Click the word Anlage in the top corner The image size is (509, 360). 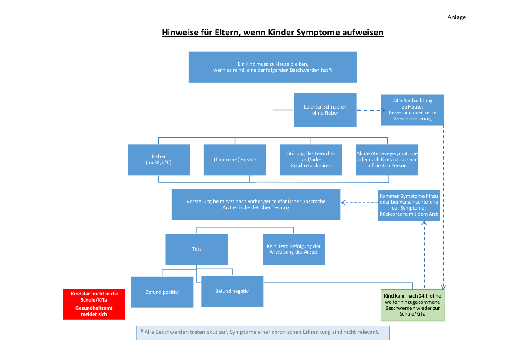click(456, 17)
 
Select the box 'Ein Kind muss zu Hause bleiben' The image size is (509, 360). click(273, 67)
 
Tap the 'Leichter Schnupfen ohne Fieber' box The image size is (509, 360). click(325, 110)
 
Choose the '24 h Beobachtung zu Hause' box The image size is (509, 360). click(412, 109)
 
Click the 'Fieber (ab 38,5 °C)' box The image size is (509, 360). click(158, 160)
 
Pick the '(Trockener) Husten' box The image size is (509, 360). click(235, 160)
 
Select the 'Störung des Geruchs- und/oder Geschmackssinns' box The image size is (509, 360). click(311, 160)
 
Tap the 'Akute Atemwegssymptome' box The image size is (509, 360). click(387, 160)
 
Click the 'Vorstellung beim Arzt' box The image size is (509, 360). click(256, 204)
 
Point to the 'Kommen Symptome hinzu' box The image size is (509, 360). click(408, 204)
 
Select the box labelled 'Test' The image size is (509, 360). click(196, 249)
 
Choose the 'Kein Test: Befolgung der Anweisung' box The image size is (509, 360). click(293, 249)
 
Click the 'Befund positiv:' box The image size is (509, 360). click(162, 292)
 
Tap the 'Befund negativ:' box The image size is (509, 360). click(232, 291)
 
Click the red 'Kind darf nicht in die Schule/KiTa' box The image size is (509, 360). click(94, 304)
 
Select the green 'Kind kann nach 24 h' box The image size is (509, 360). click(412, 305)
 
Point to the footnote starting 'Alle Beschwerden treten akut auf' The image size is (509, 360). click(263, 333)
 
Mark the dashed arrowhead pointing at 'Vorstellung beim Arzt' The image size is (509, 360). click(343, 203)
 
